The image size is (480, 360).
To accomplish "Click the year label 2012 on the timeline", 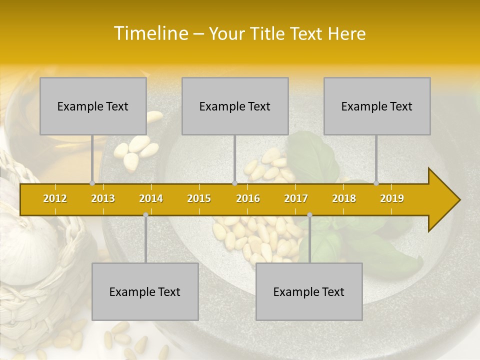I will tap(55, 198).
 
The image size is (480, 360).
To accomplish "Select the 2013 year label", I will tap(103, 198).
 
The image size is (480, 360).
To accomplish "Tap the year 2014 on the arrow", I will tap(151, 198).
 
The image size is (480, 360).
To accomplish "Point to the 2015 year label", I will tap(199, 198).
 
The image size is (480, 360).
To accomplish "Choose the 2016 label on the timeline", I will tap(248, 198).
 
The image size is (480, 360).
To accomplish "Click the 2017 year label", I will tap(296, 198).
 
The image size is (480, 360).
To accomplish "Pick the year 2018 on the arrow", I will tap(344, 198).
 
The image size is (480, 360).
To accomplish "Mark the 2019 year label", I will tap(392, 198).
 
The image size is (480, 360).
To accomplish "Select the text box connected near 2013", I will tap(93, 106).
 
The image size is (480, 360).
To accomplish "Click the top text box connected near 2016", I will tap(235, 106).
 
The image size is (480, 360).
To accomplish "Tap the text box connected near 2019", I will tap(377, 106).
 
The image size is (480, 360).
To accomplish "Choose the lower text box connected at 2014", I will tap(145, 291).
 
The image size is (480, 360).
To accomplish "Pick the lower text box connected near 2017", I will tap(309, 291).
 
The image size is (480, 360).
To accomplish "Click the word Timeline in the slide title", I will tap(150, 33).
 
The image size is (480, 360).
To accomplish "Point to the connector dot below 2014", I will tap(145, 214).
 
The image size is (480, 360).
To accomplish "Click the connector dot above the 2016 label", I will tap(234, 183).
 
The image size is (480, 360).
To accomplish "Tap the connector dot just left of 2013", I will tap(92, 183).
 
